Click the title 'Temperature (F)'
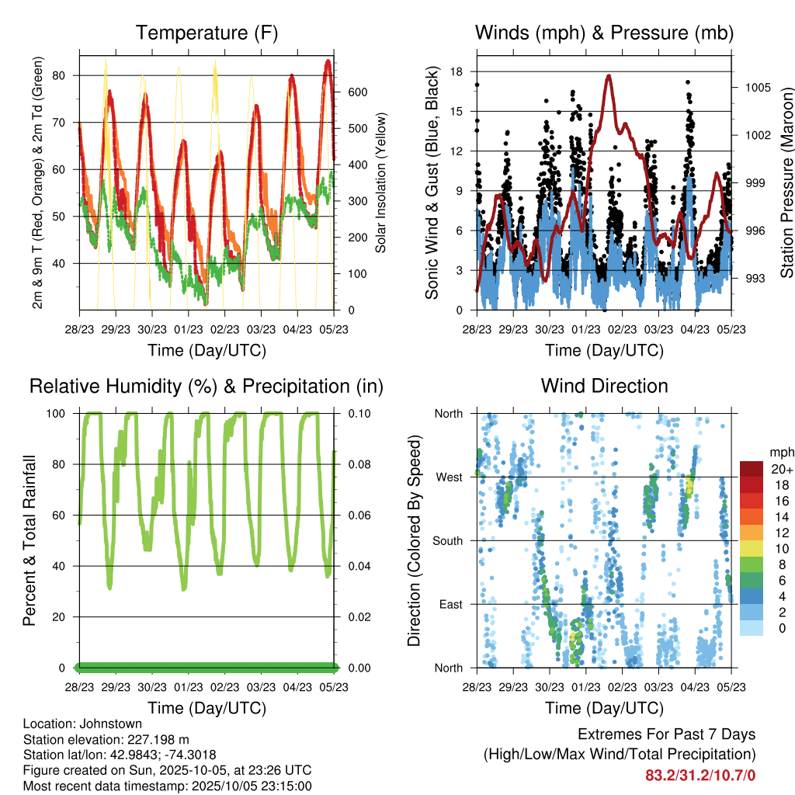click(x=207, y=33)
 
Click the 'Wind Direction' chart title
click(x=604, y=385)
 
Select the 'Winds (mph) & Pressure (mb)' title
click(x=604, y=33)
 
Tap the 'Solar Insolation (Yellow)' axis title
click(x=381, y=183)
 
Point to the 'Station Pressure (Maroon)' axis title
click(x=786, y=183)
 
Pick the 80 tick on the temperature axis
click(x=68, y=75)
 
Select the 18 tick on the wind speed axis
click(x=457, y=71)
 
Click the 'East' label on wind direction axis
click(x=450, y=604)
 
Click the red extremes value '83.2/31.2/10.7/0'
click(x=700, y=775)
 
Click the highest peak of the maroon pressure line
click(x=609, y=76)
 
